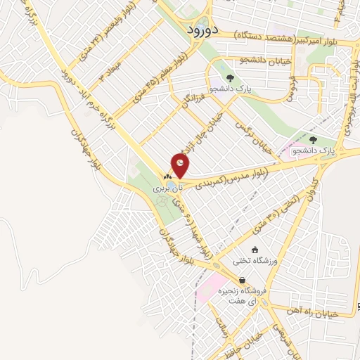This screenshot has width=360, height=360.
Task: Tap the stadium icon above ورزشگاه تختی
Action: pos(255,249)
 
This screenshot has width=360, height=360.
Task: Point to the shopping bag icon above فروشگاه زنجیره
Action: pos(242,280)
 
